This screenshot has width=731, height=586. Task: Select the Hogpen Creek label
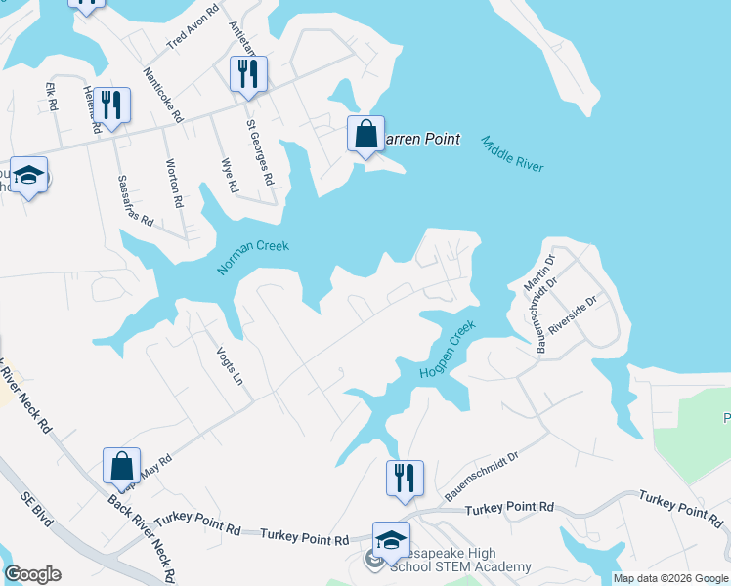coord(448,350)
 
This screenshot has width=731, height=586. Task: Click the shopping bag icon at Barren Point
coord(365,135)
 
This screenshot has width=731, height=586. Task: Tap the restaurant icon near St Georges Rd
coord(248,74)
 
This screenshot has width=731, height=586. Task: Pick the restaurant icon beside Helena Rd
coord(112,105)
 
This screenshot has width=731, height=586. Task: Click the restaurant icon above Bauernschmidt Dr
coord(405,479)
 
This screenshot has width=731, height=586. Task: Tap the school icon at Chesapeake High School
coord(390,539)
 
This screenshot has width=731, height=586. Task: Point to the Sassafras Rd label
coord(135,201)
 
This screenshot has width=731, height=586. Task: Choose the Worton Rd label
coord(175,184)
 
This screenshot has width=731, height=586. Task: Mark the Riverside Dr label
coord(573,316)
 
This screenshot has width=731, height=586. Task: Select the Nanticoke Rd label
coord(163,94)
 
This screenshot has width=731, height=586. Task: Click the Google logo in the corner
coord(32,574)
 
